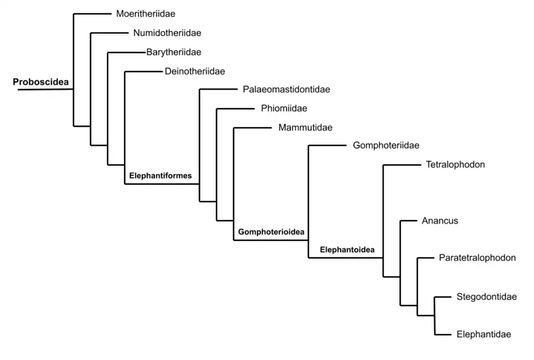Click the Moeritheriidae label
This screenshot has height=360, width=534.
tap(146, 14)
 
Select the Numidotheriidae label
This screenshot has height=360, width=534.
tap(167, 33)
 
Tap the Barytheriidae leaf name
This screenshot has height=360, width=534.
tap(174, 52)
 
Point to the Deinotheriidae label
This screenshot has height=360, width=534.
tap(195, 71)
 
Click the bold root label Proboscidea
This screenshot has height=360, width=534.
tap(41, 82)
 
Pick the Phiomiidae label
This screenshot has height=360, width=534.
tap(284, 109)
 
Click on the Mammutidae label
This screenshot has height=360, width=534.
tap(305, 127)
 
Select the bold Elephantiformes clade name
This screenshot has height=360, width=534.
tap(160, 176)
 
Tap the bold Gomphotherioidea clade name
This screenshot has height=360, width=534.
tap(271, 232)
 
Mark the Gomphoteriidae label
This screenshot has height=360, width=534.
tap(385, 146)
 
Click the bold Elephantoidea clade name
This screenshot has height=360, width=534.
tap(347, 250)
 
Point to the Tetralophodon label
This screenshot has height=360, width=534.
tap(455, 165)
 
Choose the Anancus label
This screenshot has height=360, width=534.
tap(439, 221)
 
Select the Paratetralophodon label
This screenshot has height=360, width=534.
tap(477, 258)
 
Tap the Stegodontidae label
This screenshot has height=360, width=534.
tap(486, 297)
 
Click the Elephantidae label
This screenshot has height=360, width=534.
tap(483, 334)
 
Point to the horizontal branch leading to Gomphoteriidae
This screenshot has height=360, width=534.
tap(327, 146)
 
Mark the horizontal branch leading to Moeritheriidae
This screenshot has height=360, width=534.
tap(92, 14)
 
